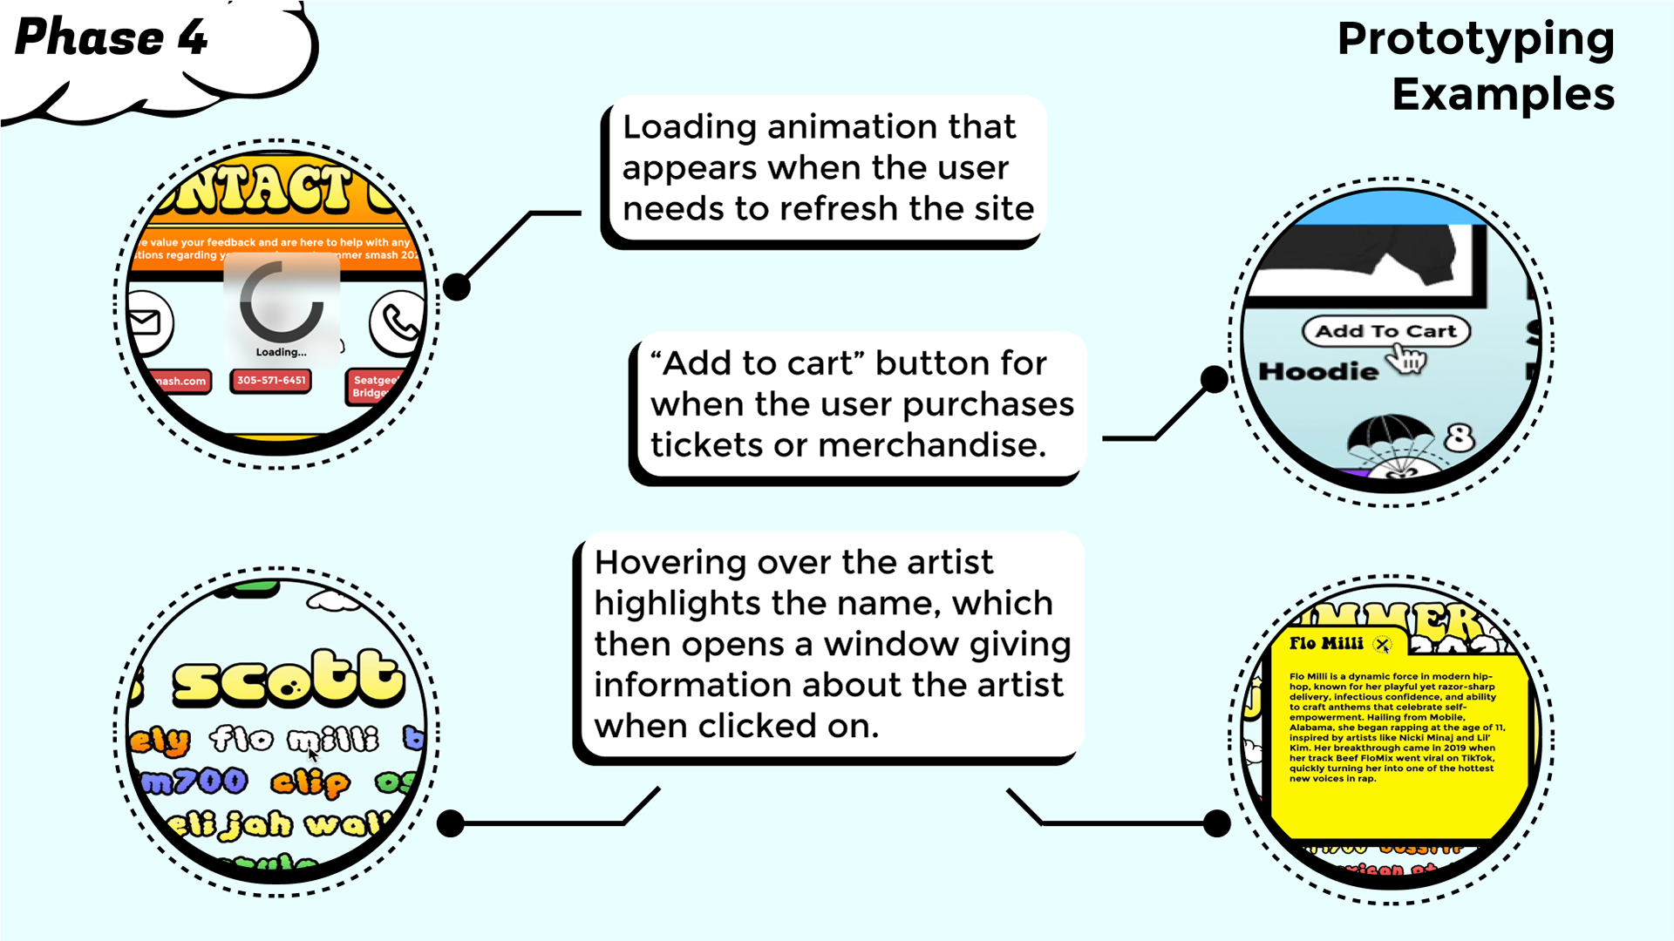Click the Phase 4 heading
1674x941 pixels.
pyautogui.click(x=112, y=38)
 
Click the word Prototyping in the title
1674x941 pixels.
pyautogui.click(x=1475, y=39)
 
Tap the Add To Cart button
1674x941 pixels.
pyautogui.click(x=1385, y=331)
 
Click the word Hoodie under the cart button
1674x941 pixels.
pyautogui.click(x=1318, y=372)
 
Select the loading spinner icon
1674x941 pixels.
pyautogui.click(x=281, y=303)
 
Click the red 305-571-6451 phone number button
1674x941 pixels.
pyautogui.click(x=271, y=381)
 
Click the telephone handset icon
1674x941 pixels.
pyautogui.click(x=399, y=322)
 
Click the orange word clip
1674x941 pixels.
pyautogui.click(x=310, y=782)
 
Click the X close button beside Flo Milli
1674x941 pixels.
pyautogui.click(x=1382, y=645)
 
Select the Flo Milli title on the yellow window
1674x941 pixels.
pyautogui.click(x=1325, y=644)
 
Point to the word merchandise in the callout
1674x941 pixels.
pyautogui.click(x=931, y=445)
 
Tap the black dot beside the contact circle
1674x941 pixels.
pyautogui.click(x=456, y=287)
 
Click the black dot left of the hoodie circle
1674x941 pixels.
pyautogui.click(x=1214, y=378)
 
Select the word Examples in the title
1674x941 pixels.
pyautogui.click(x=1502, y=94)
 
